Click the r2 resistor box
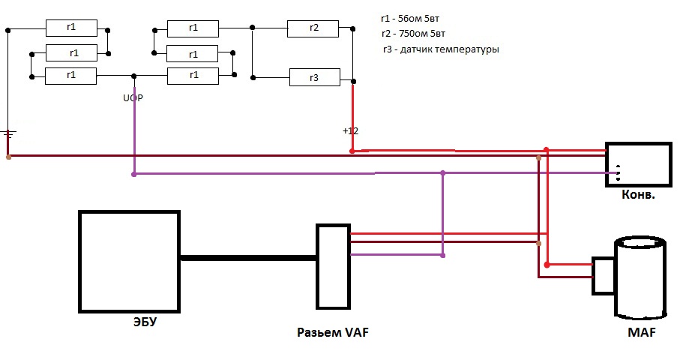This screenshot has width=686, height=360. coord(313,28)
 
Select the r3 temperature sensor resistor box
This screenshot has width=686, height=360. coord(315,77)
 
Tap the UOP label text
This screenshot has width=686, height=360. coord(133,98)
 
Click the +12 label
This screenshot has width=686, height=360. coord(350,130)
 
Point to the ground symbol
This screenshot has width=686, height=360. coord(8,133)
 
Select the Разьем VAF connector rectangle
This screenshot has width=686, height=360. coord(334,266)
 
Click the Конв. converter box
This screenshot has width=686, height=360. coord(638,164)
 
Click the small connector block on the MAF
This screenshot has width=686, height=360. coord(604,275)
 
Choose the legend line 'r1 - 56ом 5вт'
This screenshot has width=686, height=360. coord(410,19)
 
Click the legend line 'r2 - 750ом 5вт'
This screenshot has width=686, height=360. coord(413,34)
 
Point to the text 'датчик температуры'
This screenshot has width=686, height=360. coord(449,49)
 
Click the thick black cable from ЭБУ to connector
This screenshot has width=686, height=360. coord(248,258)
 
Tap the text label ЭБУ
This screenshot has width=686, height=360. coord(145,322)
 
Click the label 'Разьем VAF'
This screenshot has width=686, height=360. coord(333,332)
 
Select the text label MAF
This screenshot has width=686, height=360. coord(642,332)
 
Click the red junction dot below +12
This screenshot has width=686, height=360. coord(352,151)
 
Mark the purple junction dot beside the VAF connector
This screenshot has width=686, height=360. coord(443,256)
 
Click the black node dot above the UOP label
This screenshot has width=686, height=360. coord(134,76)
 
